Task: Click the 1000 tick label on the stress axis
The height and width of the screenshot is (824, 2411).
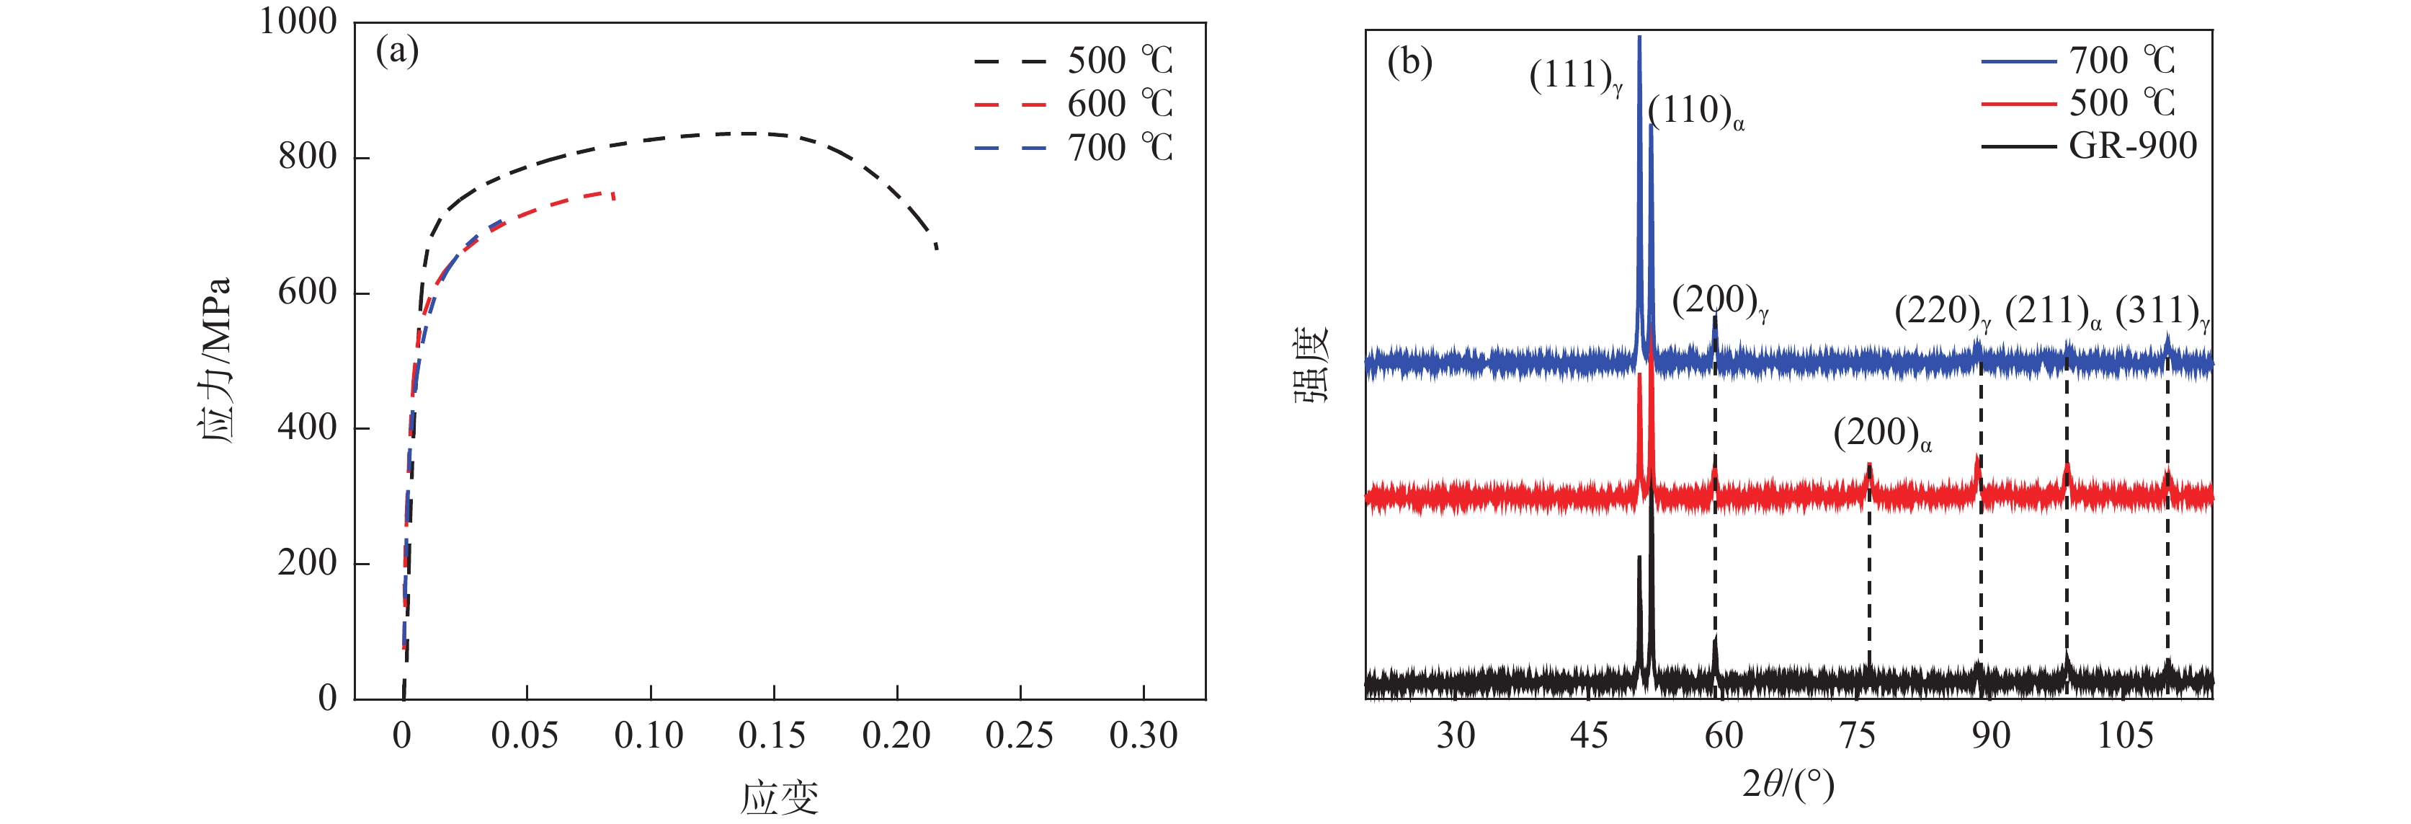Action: pyautogui.click(x=298, y=22)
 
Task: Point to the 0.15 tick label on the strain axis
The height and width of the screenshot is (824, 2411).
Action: pyautogui.click(x=772, y=736)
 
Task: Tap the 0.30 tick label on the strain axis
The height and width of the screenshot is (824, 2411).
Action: pyautogui.click(x=1143, y=736)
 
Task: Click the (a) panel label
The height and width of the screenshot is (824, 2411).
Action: pyautogui.click(x=397, y=50)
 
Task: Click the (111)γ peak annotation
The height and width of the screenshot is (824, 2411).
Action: pyautogui.click(x=1575, y=77)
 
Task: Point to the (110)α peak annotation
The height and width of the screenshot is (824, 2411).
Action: pyautogui.click(x=1695, y=112)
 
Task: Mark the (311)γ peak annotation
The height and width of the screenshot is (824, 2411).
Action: pyautogui.click(x=2162, y=312)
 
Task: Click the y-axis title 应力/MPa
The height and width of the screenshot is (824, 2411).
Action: pyautogui.click(x=215, y=360)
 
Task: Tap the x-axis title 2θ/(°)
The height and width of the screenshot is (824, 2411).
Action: pyautogui.click(x=1788, y=783)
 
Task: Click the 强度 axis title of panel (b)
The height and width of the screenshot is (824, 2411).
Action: pyautogui.click(x=1312, y=366)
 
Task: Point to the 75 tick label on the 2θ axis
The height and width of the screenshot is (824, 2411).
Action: pyautogui.click(x=1857, y=736)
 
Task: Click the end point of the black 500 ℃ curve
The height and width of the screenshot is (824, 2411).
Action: pyautogui.click(x=937, y=249)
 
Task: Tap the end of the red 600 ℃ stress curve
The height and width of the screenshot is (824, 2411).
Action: pyautogui.click(x=614, y=198)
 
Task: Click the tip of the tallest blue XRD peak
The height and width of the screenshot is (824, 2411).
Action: pyautogui.click(x=1639, y=37)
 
